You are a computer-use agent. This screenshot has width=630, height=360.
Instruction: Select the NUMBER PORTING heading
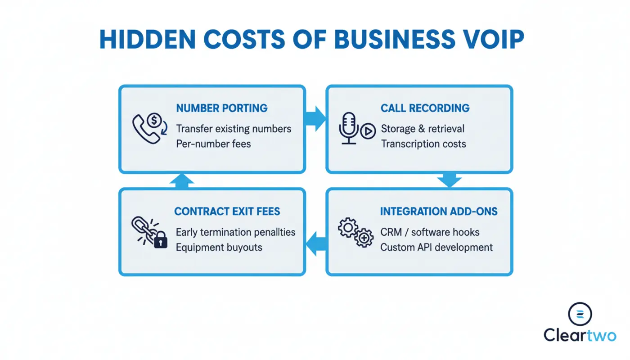(222, 108)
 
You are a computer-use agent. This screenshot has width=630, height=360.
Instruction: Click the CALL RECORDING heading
(425, 108)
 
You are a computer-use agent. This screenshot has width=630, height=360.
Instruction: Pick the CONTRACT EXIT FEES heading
(227, 211)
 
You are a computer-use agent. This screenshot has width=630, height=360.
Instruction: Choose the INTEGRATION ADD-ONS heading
(439, 211)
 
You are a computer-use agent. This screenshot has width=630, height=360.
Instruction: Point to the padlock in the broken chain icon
(160, 241)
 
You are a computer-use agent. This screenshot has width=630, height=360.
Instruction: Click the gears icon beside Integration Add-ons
(356, 232)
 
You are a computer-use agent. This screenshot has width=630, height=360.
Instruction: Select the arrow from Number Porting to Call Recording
(316, 119)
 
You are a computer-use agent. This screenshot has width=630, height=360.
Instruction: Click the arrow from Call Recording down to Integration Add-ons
(449, 180)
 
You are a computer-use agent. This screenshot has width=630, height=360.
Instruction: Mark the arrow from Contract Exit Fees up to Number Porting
(182, 180)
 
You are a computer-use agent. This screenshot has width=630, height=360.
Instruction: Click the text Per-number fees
(213, 144)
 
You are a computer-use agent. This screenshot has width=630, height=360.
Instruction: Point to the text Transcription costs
(423, 144)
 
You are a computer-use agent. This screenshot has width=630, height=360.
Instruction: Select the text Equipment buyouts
(219, 247)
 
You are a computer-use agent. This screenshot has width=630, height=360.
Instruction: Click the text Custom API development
(436, 247)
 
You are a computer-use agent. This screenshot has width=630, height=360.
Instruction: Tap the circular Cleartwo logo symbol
(580, 314)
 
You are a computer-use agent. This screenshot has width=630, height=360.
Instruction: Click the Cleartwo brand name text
(580, 335)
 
